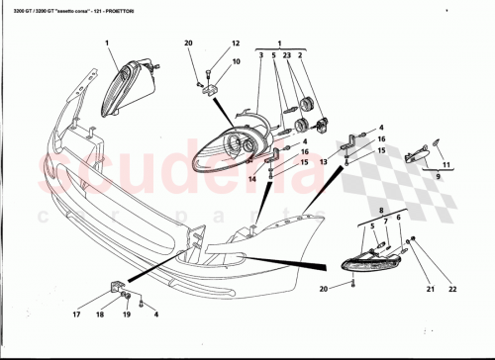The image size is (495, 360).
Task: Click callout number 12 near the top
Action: [236, 45]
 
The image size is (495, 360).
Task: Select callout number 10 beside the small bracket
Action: [236, 61]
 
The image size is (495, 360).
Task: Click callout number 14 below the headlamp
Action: [252, 179]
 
